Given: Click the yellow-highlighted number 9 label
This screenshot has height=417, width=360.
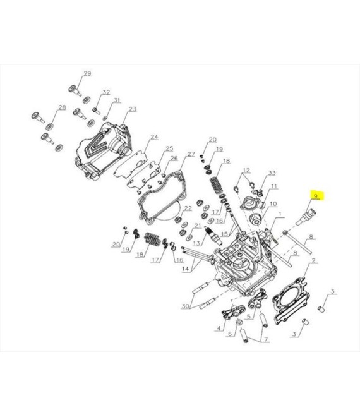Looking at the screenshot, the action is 316,196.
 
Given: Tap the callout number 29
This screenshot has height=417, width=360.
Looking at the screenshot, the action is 88,74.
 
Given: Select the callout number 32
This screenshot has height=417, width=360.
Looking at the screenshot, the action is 106,92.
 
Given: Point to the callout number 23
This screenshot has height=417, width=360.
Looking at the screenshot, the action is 133,109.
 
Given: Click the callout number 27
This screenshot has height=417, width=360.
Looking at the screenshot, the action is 191,154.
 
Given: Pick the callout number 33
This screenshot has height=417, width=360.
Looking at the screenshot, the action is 272,173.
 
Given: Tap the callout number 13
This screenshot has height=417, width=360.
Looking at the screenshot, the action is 196,243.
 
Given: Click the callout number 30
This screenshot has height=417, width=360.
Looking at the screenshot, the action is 185,306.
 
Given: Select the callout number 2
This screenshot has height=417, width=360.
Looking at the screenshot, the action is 313,260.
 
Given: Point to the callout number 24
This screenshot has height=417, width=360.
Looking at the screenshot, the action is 154,137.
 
